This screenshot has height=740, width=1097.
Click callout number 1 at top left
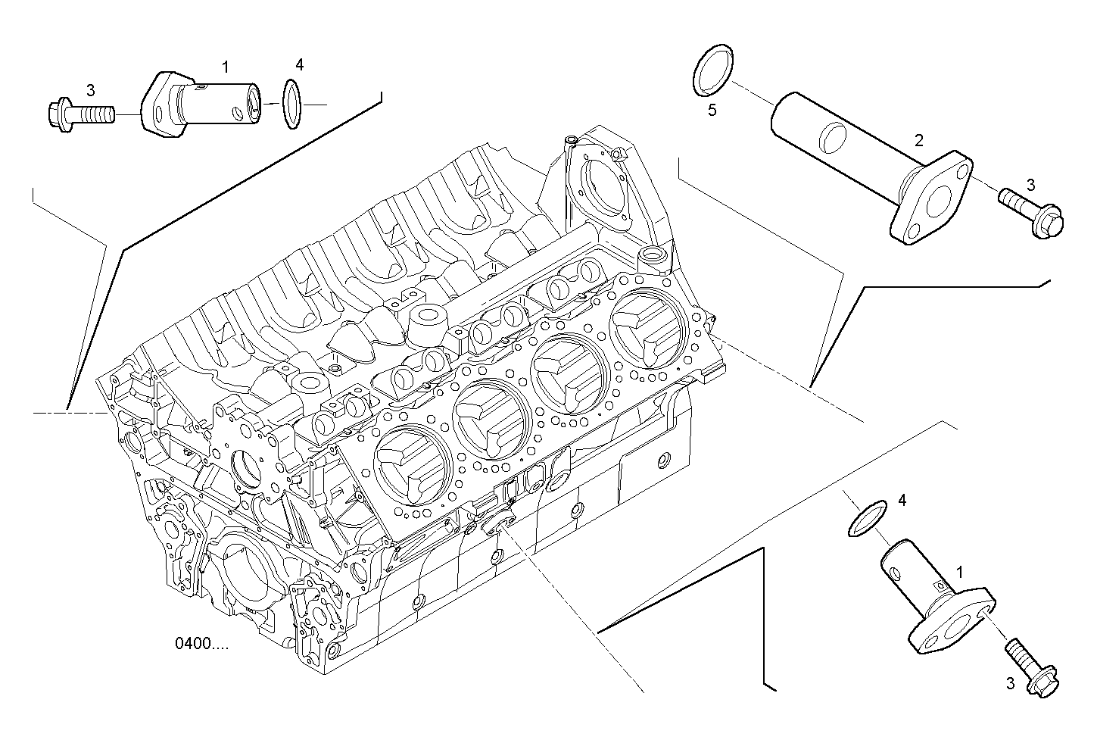[225, 67]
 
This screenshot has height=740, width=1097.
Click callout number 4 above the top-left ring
[300, 65]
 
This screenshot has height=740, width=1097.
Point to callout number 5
[712, 111]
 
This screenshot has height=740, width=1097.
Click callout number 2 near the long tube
[918, 139]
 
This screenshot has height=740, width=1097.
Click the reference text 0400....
[201, 645]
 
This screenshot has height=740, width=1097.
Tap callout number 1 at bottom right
[961, 570]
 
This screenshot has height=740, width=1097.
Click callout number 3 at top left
[90, 92]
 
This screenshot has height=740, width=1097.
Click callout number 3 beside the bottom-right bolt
[1009, 684]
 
